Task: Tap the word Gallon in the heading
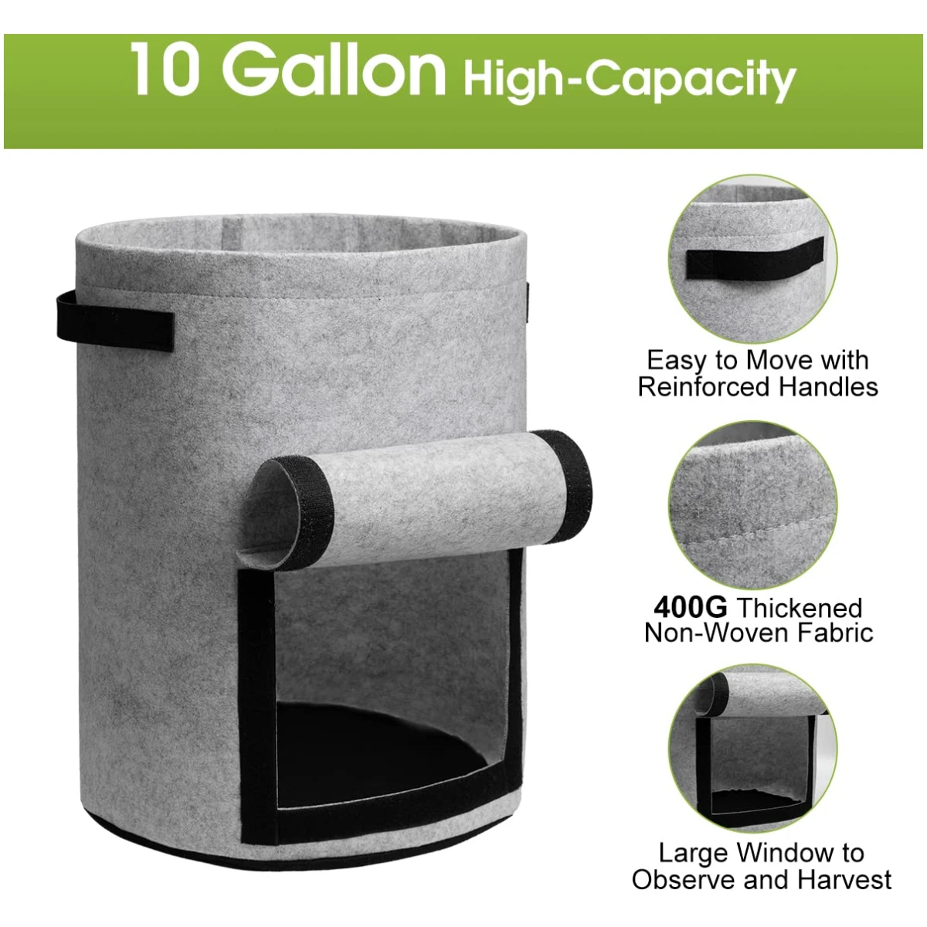click(334, 69)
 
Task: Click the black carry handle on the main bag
click(114, 321)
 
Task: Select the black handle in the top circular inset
click(754, 258)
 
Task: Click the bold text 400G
click(691, 607)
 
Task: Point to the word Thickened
click(800, 608)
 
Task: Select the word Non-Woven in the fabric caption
click(717, 633)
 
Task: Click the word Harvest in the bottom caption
click(844, 880)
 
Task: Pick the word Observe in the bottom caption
click(683, 880)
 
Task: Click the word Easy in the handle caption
click(676, 361)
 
